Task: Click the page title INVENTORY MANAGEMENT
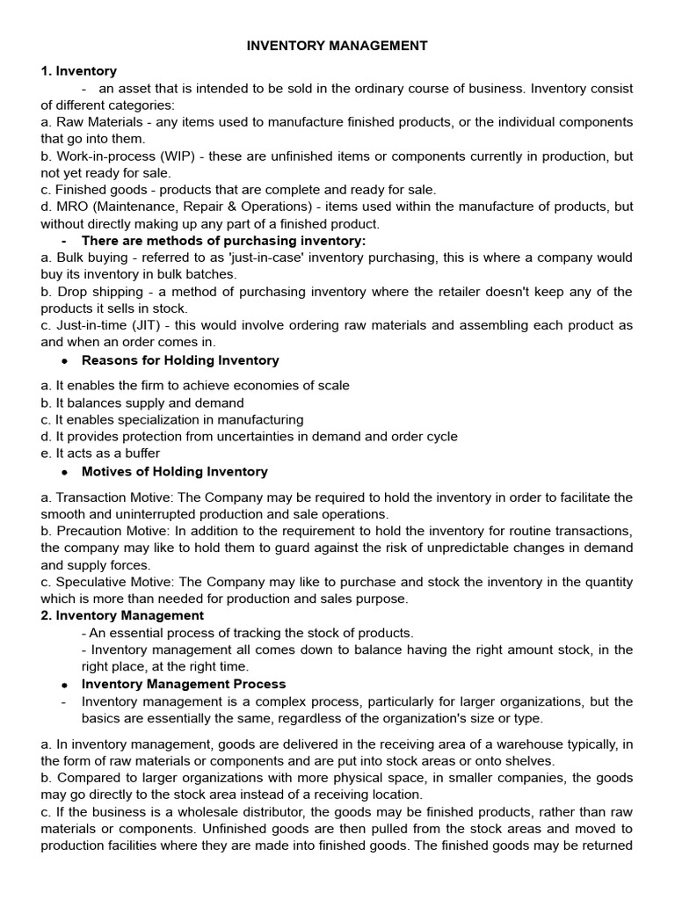pos(337,45)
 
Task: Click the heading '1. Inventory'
pos(78,71)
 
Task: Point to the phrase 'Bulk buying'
pos(89,258)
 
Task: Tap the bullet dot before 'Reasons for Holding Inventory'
pos(65,360)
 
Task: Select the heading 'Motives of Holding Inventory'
pos(174,472)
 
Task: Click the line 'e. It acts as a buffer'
pos(100,454)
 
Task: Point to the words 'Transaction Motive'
pos(110,497)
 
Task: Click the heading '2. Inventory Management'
pos(122,615)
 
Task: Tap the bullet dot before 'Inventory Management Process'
pos(65,684)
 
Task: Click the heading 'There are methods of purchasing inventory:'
pos(223,241)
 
